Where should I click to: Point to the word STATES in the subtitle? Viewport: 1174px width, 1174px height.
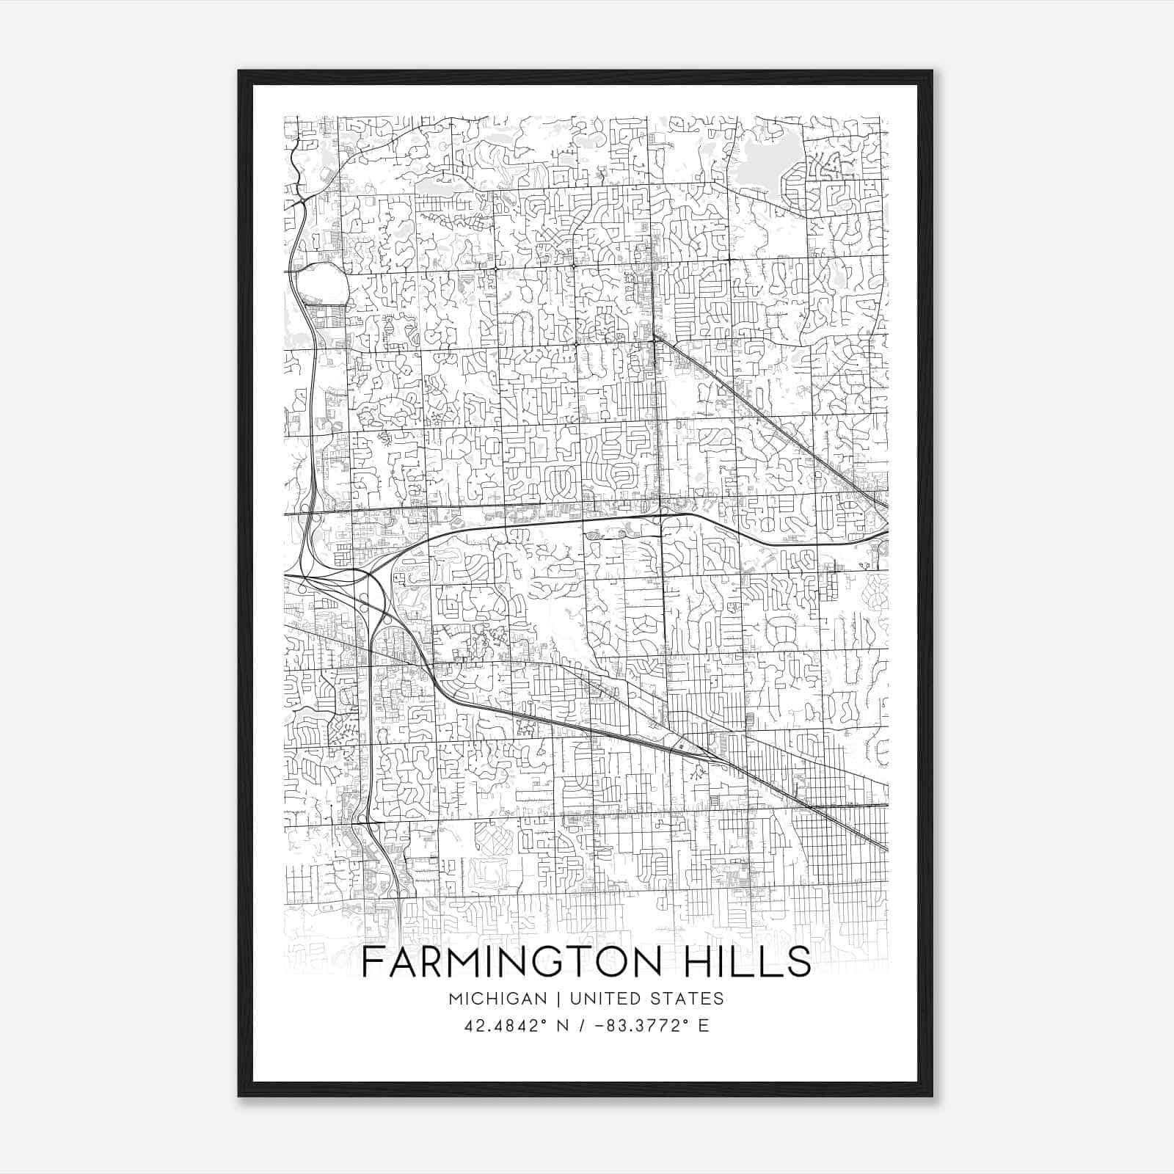pyautogui.click(x=690, y=999)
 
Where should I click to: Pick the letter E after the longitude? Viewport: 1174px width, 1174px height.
pyautogui.click(x=704, y=1026)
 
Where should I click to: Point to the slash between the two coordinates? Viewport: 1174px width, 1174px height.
pyautogui.click(x=581, y=1026)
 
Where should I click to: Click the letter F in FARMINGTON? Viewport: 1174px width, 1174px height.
pyautogui.click(x=373, y=962)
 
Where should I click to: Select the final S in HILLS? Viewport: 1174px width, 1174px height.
pyautogui.click(x=800, y=962)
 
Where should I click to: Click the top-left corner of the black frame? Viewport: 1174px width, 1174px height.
pyautogui.click(x=239, y=71)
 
